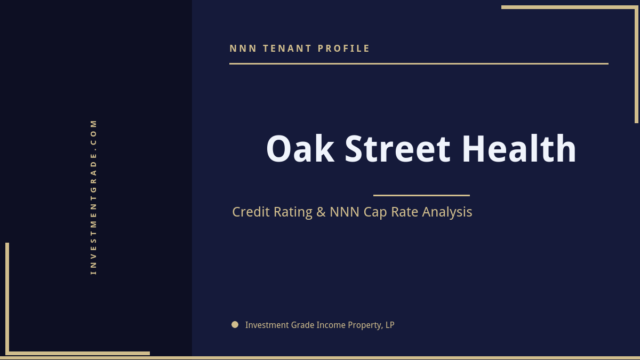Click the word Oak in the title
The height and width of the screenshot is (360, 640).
[x=300, y=149]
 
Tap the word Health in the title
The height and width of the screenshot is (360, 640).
[x=519, y=149]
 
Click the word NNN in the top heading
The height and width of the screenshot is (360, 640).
[x=243, y=49]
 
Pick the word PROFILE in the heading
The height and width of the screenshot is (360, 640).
[x=344, y=49]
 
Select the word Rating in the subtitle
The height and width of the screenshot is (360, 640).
[x=293, y=212]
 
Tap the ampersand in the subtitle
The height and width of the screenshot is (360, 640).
[x=321, y=212]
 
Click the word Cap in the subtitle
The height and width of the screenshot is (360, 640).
[x=375, y=212]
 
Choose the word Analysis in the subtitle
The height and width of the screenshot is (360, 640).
[x=447, y=212]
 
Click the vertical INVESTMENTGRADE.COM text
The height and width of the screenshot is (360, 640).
[x=94, y=196]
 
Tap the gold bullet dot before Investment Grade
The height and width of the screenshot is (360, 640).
[x=235, y=324]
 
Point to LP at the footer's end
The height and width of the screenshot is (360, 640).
[x=390, y=325]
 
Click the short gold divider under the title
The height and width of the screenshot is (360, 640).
[x=421, y=195]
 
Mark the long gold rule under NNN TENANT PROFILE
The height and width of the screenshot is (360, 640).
[x=419, y=63]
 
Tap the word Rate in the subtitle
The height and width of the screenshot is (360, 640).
[x=405, y=212]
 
